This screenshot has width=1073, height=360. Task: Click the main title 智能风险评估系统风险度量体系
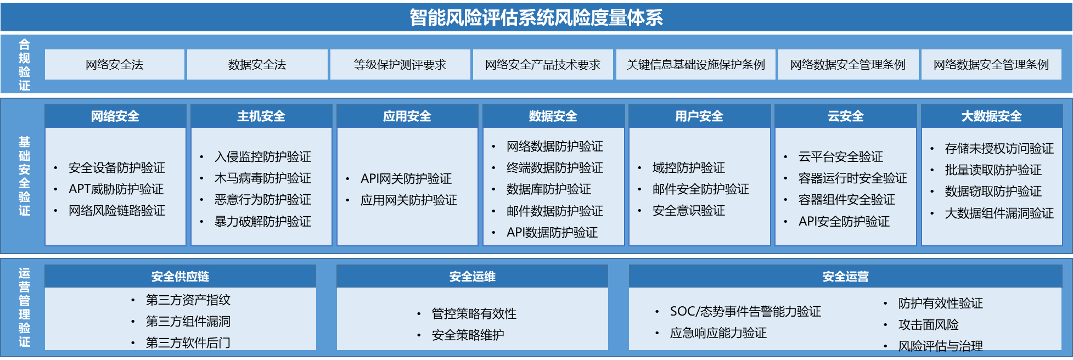(536, 18)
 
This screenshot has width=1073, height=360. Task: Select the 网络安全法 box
(115, 65)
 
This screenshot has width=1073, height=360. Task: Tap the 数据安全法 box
(257, 65)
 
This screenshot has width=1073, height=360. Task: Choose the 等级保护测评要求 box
(400, 65)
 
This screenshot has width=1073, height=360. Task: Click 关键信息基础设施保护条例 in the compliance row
(696, 65)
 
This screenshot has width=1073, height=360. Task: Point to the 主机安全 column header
(261, 116)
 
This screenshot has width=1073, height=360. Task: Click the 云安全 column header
(846, 116)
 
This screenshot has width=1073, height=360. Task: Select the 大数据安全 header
(992, 116)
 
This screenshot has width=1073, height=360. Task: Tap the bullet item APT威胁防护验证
(116, 189)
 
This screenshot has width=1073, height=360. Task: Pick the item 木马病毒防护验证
(263, 178)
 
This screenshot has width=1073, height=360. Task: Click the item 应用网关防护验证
(409, 200)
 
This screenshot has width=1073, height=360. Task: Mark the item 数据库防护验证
(549, 189)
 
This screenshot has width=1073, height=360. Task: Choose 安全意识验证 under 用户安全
(689, 211)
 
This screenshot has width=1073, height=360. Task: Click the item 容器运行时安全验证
(853, 178)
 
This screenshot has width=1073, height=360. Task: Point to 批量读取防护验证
(993, 170)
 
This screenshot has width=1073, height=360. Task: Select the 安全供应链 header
(181, 277)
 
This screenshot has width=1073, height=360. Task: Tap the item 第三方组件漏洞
(188, 322)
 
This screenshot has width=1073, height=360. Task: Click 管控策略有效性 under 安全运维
(474, 314)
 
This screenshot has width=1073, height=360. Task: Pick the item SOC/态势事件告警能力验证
(746, 312)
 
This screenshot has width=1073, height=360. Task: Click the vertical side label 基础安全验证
(25, 176)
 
